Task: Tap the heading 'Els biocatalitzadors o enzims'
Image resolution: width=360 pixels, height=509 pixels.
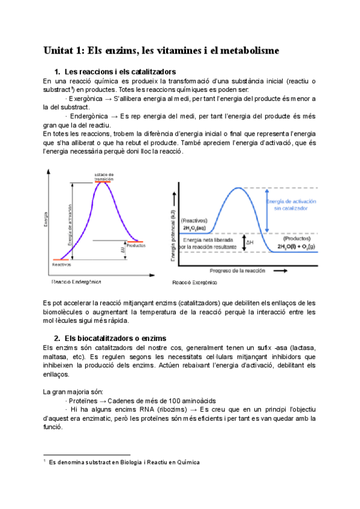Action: click(115, 339)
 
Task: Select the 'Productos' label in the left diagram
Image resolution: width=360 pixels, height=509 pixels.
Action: click(137, 245)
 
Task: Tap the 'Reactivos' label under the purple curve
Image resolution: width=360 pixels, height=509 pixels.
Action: click(62, 264)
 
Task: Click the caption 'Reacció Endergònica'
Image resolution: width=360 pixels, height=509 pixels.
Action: click(76, 281)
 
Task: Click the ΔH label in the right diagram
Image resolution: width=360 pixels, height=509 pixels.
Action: click(251, 242)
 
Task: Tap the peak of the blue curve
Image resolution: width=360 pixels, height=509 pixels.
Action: click(240, 188)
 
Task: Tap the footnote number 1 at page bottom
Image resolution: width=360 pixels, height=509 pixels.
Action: click(45, 462)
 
